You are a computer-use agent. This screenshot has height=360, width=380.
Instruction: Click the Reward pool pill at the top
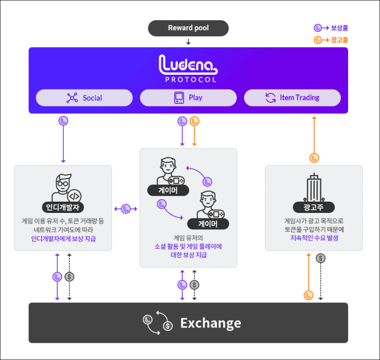tap(188, 28)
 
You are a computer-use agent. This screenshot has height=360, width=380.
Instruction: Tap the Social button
tap(84, 98)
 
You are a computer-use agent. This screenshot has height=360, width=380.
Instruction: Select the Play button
tap(188, 98)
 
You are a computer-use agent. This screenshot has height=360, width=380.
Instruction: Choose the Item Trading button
tap(292, 98)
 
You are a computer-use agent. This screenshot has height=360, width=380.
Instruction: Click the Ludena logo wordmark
tap(188, 65)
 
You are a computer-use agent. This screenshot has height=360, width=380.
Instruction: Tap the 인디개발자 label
tap(63, 207)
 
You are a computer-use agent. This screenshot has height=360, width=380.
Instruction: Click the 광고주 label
tap(314, 207)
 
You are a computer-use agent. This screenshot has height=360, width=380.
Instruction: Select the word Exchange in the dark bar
tap(210, 323)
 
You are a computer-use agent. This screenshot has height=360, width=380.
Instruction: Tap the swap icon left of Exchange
tap(158, 323)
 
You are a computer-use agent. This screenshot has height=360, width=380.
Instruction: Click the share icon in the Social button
tap(72, 98)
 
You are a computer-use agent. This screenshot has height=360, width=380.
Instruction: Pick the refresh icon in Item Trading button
tap(270, 98)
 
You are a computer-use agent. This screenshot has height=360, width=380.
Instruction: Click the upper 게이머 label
tap(168, 190)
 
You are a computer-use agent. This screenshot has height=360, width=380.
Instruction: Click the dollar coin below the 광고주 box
tap(321, 258)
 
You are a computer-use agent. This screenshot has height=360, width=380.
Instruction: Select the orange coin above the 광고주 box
tap(314, 158)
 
